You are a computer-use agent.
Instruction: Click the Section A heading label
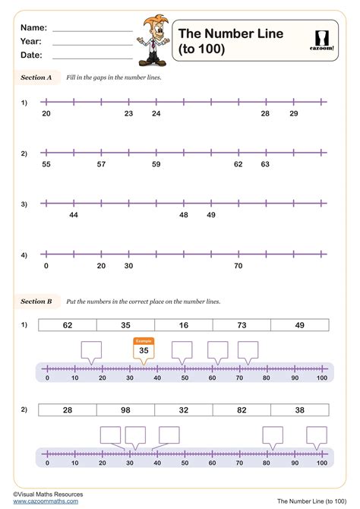pyautogui.click(x=36, y=77)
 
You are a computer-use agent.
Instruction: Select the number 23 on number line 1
pyautogui.click(x=128, y=113)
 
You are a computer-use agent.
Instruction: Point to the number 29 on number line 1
pyautogui.click(x=294, y=113)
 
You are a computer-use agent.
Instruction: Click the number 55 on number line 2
pyautogui.click(x=46, y=163)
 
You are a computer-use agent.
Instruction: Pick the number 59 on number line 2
pyautogui.click(x=156, y=163)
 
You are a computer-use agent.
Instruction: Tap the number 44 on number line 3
pyautogui.click(x=74, y=215)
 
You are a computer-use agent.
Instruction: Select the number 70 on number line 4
pyautogui.click(x=238, y=266)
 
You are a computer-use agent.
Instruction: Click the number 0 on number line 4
pyautogui.click(x=46, y=266)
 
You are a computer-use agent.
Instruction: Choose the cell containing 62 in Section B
pyautogui.click(x=68, y=325)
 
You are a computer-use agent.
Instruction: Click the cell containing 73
pyautogui.click(x=242, y=325)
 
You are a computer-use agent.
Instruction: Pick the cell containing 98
pyautogui.click(x=125, y=409)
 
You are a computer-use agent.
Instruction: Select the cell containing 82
pyautogui.click(x=242, y=409)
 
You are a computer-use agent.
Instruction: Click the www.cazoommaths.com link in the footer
pyautogui.click(x=46, y=501)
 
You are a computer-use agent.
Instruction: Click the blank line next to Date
pyautogui.click(x=93, y=57)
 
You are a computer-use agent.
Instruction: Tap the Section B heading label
pyautogui.click(x=36, y=302)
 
